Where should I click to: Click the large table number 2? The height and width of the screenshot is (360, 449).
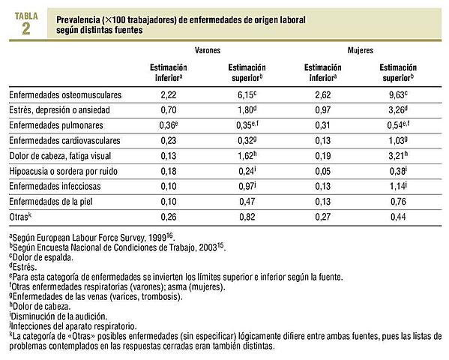(x=25, y=30)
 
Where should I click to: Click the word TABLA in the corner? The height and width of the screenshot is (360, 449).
(x=25, y=13)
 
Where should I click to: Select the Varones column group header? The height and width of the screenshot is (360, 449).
(x=207, y=51)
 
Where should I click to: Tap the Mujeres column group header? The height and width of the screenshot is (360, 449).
(x=361, y=51)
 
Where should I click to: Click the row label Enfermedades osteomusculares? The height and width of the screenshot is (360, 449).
(x=65, y=96)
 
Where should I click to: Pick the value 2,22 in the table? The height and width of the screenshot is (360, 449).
(x=168, y=96)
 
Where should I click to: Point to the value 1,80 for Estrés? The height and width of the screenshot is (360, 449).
(x=244, y=110)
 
